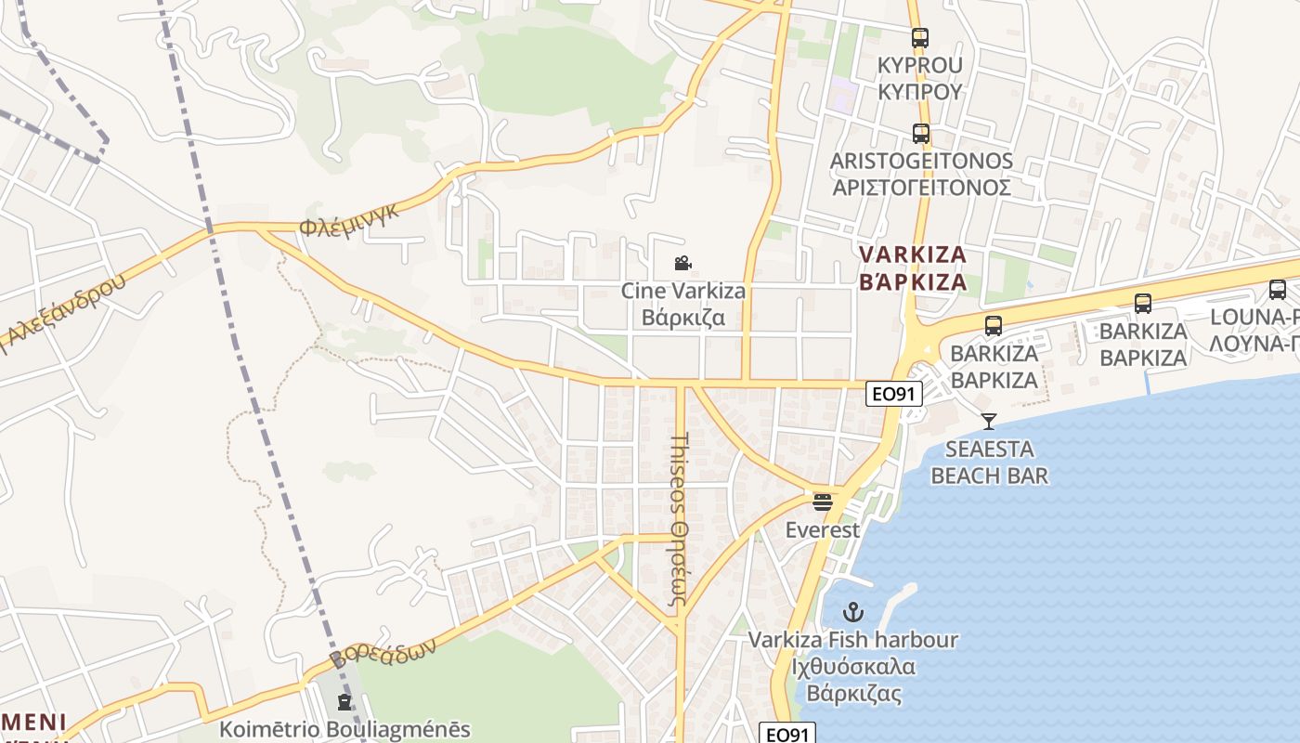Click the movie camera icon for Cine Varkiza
coord(682,264)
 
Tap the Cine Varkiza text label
coord(682,304)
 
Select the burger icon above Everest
coord(823,502)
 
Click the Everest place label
coord(823,530)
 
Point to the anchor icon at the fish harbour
coord(852,612)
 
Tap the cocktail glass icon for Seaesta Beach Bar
coord(989,422)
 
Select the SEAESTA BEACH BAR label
coord(989,463)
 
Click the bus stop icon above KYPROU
coord(920,38)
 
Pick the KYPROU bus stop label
coord(920,78)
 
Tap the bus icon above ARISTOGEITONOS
coord(920,134)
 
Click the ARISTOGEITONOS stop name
coord(920,174)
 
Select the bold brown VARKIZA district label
coord(913,267)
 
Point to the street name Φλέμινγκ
coord(349,219)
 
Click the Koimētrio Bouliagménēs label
coord(344,730)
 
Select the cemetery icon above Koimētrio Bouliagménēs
coord(344,702)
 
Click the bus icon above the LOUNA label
coord(1278,290)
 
